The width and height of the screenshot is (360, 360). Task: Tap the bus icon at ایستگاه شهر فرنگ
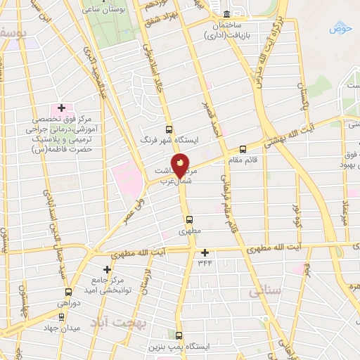coord(169,129)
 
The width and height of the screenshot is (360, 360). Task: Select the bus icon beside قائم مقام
coord(243,149)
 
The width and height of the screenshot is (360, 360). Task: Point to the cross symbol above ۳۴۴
coord(205,252)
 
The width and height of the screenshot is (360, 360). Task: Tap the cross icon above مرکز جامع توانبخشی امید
coord(107,269)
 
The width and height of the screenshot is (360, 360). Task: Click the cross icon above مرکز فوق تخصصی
coord(61,108)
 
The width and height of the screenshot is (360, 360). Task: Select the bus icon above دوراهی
coord(68,292)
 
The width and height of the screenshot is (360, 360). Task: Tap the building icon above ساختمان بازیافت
coord(226,14)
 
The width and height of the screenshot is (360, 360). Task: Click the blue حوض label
coord(340,28)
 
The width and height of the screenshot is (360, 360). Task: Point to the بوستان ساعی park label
coord(99,9)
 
